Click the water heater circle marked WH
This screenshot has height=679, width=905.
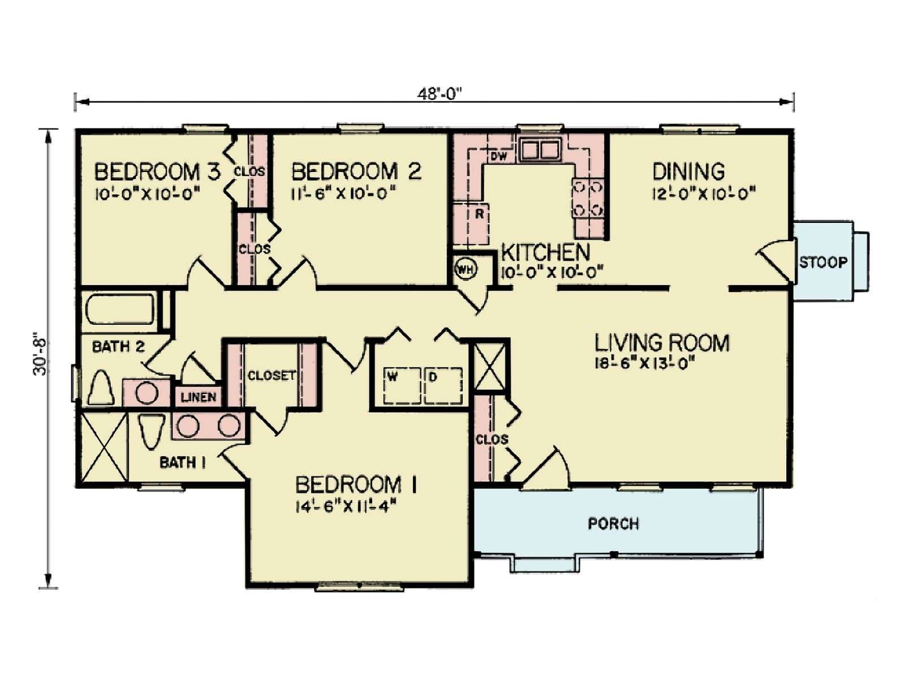pos(466,270)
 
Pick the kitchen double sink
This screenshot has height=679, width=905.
pos(539,150)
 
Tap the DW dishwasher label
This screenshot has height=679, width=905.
pos(498,156)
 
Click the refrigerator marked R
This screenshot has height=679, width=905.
pos(471,225)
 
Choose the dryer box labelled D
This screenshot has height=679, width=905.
pos(443,385)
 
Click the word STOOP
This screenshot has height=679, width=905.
pos(824,263)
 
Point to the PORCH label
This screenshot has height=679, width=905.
pos(614,523)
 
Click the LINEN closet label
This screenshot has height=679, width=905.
pos(199,397)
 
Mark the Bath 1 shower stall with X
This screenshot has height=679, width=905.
pos(104,446)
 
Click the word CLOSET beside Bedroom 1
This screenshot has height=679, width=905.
pos(271,376)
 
